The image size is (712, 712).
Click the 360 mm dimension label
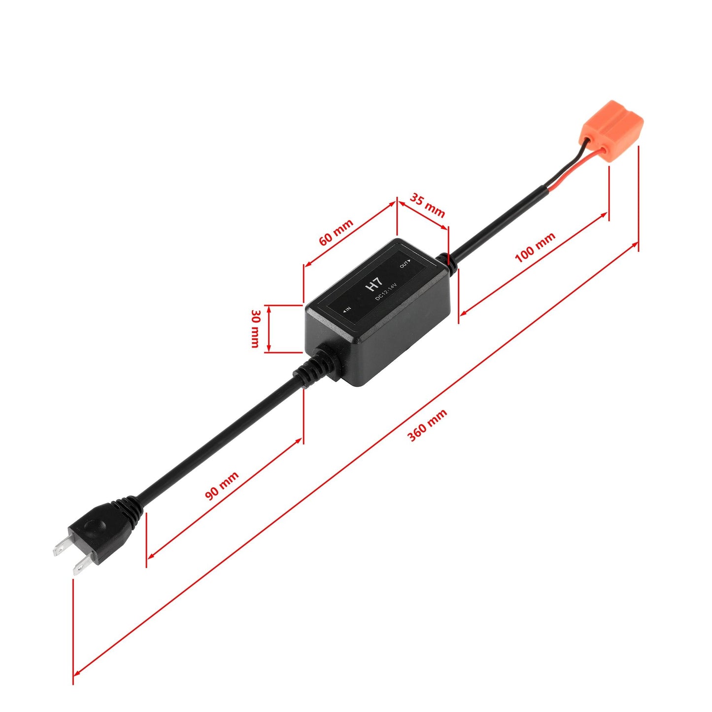point(427,425)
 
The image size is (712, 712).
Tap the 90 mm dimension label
point(222,486)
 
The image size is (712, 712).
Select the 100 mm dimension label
point(535,247)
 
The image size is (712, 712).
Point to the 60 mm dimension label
point(336,232)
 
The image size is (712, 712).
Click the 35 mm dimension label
point(428,205)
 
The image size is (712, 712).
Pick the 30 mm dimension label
point(255,329)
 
